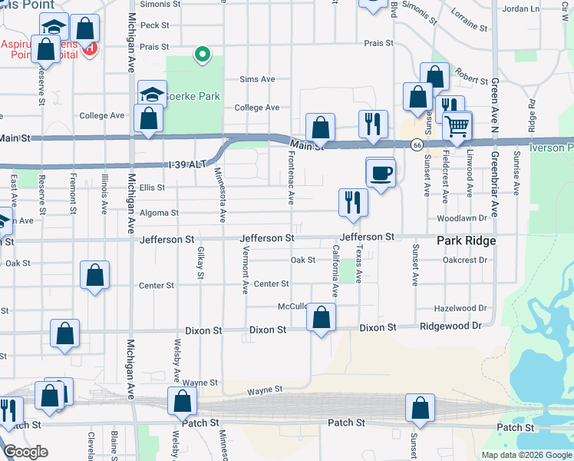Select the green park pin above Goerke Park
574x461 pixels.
tap(202, 54)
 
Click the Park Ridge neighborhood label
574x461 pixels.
tap(466, 240)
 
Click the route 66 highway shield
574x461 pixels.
tap(416, 144)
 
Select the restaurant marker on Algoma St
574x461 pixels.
tap(353, 202)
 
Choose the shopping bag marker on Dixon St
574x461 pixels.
tap(321, 317)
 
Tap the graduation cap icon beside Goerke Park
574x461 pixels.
tap(153, 95)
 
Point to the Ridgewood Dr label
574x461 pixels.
tap(450, 326)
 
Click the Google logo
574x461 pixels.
tap(25, 452)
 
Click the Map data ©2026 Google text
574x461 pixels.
tap(526, 455)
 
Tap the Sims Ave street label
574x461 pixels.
tap(257, 79)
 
